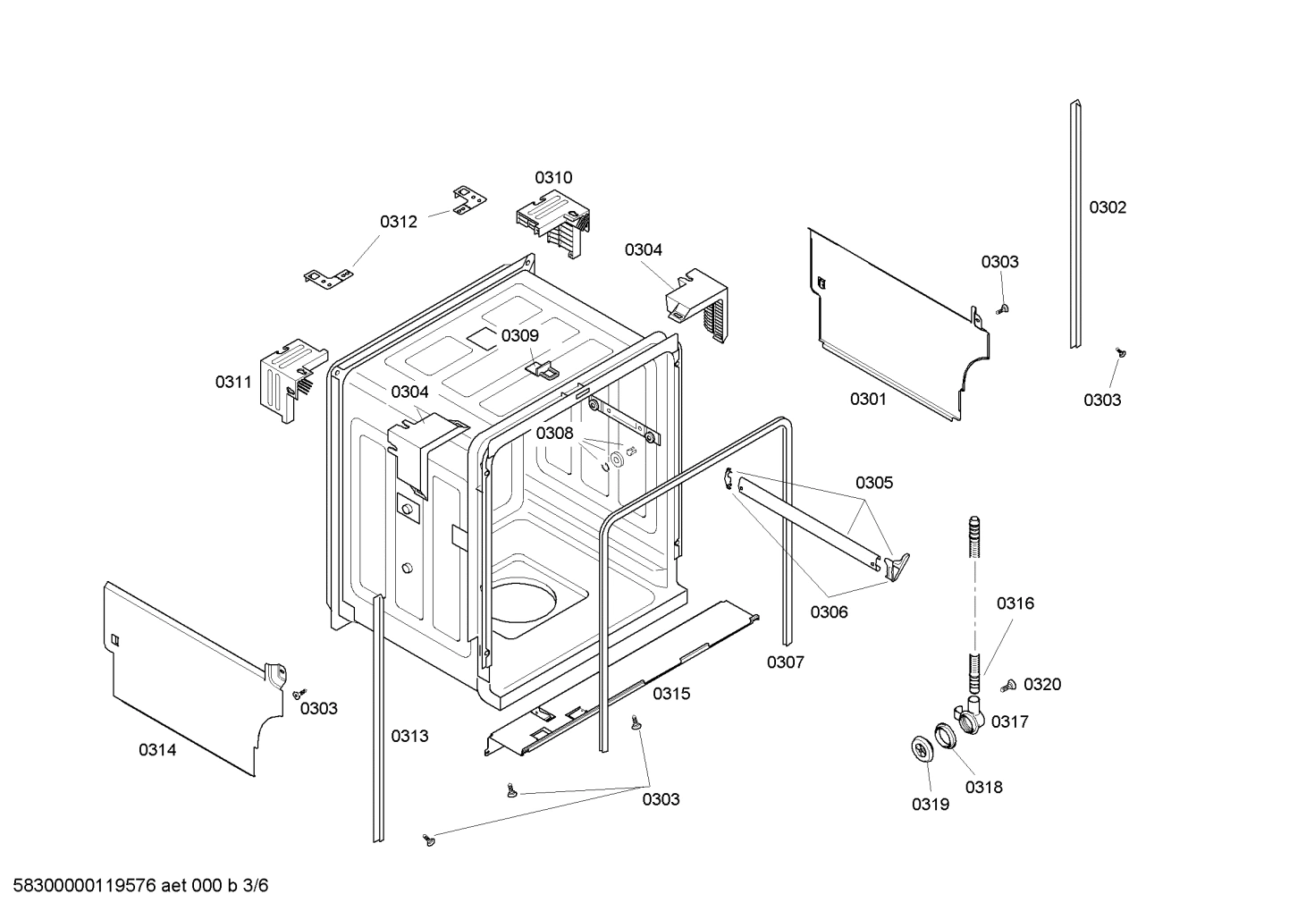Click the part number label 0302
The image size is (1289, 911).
pyautogui.click(x=1107, y=207)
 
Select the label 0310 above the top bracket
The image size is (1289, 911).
pyautogui.click(x=553, y=178)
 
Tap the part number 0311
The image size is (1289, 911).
pyautogui.click(x=233, y=383)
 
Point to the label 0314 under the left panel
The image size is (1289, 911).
pyautogui.click(x=157, y=751)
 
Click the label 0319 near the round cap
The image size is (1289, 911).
pyautogui.click(x=931, y=805)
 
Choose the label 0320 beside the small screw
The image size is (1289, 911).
pyautogui.click(x=1042, y=685)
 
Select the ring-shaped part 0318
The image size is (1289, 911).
pyautogui.click(x=945, y=736)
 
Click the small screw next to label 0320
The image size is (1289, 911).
pyautogui.click(x=1010, y=686)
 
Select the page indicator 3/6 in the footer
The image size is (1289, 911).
pyautogui.click(x=256, y=887)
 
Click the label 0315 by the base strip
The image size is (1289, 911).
pyautogui.click(x=670, y=694)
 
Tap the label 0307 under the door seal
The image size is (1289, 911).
pyautogui.click(x=785, y=662)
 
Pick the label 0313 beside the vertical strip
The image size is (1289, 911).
pyautogui.click(x=409, y=737)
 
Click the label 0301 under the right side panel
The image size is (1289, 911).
pyautogui.click(x=868, y=400)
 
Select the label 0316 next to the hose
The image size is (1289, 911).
pyautogui.click(x=1015, y=604)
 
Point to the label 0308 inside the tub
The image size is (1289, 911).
pyautogui.click(x=554, y=434)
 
